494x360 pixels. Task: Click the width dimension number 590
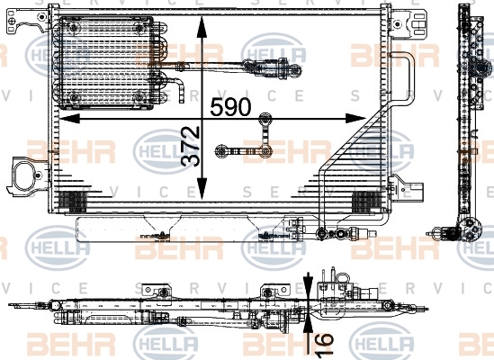[x=230, y=106]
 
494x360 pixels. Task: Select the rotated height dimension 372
[x=191, y=146]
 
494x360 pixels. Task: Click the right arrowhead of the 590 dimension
[x=356, y=119]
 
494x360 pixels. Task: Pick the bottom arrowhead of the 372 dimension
[x=202, y=188]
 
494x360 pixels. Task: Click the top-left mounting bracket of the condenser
[x=28, y=21]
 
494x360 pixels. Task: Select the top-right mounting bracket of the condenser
[x=409, y=23]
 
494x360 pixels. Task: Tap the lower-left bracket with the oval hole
[x=27, y=176]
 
